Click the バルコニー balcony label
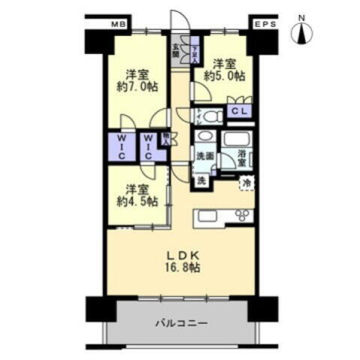point(181,323)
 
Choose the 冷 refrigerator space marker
point(246,182)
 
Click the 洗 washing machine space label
point(202,180)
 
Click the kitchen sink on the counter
point(207,216)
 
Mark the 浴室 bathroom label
point(242,157)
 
